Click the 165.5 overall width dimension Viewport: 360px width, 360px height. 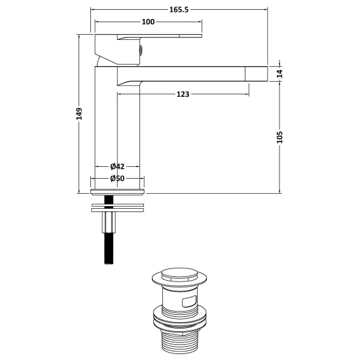tap(179, 9)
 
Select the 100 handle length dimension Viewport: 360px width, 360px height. tap(148, 22)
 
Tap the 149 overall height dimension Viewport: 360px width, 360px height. tap(79, 114)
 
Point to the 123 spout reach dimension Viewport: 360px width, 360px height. tap(183, 94)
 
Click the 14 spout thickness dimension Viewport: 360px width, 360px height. tap(279, 74)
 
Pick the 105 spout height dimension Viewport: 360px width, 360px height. tap(279, 137)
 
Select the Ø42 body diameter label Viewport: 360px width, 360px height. tap(117, 166)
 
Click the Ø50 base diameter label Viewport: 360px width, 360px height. tap(117, 178)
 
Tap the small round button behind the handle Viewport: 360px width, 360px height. tap(141, 50)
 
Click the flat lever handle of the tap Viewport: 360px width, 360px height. tap(160, 36)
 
